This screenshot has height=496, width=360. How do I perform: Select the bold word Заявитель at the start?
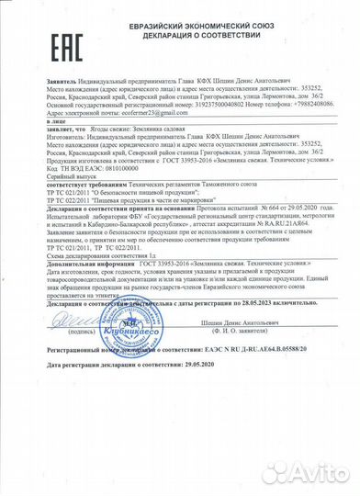[36, 82]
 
